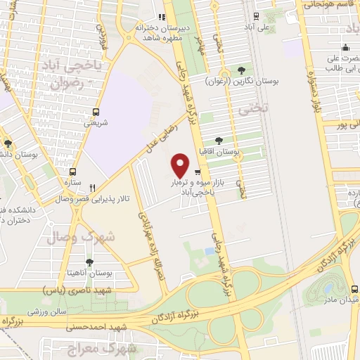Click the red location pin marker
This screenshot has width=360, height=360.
[180, 165]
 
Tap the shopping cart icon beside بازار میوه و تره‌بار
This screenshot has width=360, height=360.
[198, 172]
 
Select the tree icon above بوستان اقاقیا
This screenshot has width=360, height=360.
[219, 140]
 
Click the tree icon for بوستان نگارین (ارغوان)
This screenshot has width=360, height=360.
[241, 70]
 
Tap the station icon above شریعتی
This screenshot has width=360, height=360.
[96, 112]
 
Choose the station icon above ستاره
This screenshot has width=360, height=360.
[72, 172]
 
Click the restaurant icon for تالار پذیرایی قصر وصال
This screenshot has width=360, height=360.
[92, 188]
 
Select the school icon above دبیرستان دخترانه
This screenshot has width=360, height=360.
[160, 17]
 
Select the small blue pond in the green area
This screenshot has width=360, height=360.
[209, 250]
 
